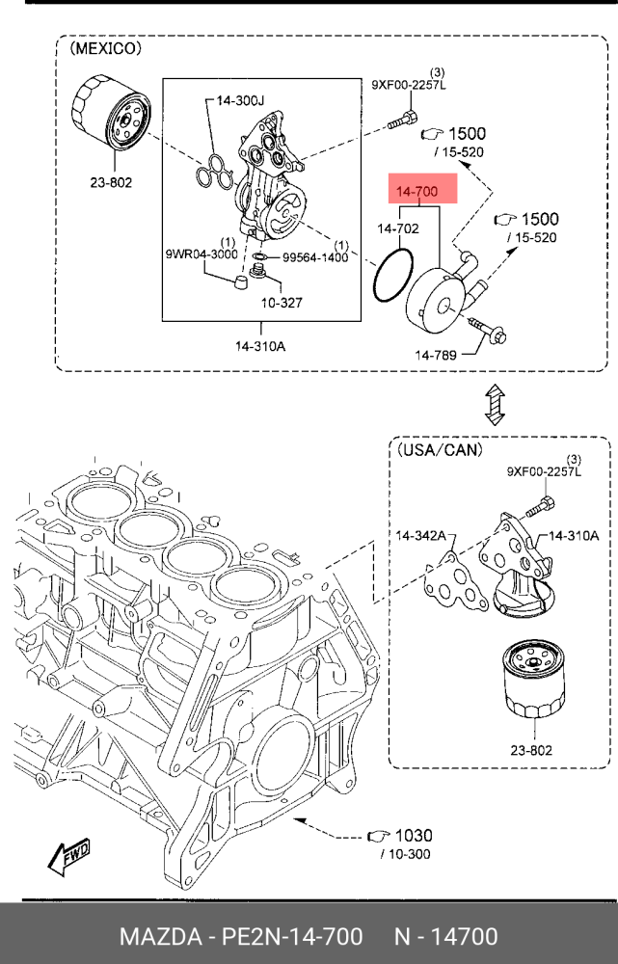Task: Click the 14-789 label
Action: (x=436, y=356)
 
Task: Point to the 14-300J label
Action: (x=238, y=99)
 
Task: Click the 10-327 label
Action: (x=280, y=302)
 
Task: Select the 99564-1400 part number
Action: (x=316, y=258)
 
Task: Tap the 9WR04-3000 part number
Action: (x=200, y=254)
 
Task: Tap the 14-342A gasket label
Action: (x=419, y=535)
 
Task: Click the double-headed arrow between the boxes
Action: (x=494, y=404)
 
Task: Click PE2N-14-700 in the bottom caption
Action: (x=287, y=937)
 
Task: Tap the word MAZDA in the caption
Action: (x=155, y=937)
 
